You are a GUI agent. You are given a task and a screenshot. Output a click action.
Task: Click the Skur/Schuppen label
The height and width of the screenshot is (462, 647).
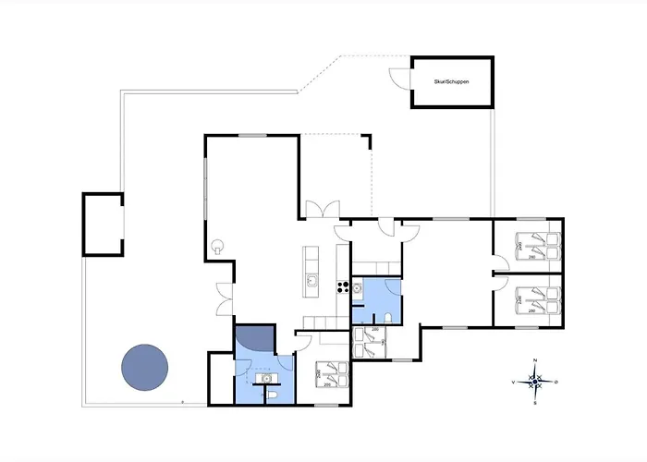451,82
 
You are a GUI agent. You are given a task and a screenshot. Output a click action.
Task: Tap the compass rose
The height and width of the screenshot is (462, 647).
535,380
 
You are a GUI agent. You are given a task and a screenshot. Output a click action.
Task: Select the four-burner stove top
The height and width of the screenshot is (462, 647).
342,286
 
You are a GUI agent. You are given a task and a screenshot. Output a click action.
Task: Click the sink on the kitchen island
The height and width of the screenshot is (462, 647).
312,281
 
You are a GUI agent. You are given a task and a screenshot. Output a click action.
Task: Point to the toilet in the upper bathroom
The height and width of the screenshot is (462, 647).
393,318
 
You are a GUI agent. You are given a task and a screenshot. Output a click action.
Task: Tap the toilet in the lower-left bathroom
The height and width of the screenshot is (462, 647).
275,395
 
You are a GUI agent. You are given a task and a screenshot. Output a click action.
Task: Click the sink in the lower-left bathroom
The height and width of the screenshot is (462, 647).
266,377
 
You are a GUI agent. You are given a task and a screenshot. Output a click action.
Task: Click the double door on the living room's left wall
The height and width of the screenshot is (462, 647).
223,297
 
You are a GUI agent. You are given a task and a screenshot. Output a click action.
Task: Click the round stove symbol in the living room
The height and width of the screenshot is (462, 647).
218,246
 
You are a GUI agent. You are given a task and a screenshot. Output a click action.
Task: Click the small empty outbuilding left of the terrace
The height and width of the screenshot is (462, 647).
103,223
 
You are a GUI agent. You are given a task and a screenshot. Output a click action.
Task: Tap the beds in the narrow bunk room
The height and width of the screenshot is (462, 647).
372,344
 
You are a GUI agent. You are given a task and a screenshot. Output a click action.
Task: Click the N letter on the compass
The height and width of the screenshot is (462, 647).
535,359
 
